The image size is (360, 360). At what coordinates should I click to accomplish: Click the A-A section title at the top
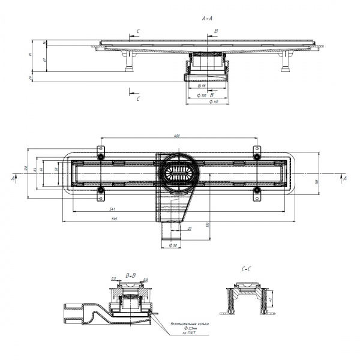[207, 19]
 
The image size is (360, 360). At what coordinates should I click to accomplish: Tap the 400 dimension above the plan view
[177, 136]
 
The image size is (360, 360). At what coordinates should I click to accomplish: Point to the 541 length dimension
[112, 209]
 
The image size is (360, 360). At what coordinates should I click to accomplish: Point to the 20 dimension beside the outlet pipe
[190, 228]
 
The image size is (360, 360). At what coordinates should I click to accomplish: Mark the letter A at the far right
[344, 178]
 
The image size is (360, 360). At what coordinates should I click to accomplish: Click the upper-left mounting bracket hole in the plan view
[101, 157]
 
